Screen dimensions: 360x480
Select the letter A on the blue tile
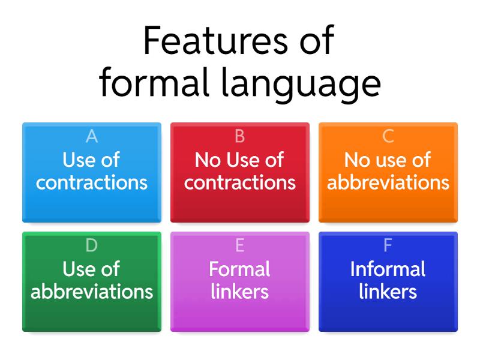click(x=92, y=137)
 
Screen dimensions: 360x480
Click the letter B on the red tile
click(x=239, y=137)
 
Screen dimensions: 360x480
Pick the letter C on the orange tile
click(x=388, y=137)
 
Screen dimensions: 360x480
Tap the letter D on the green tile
click(x=92, y=245)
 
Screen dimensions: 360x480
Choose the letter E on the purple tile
click(x=239, y=245)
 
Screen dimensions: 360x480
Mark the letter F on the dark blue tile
click(x=388, y=245)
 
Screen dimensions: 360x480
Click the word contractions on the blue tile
click(x=92, y=182)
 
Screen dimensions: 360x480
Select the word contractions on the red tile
click(x=239, y=182)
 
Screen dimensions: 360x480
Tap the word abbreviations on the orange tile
click(x=388, y=182)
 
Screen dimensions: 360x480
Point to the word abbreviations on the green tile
click(x=92, y=292)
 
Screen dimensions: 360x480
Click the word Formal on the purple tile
click(x=239, y=269)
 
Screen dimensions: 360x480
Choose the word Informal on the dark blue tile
click(x=388, y=269)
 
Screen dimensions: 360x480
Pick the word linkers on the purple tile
click(x=239, y=292)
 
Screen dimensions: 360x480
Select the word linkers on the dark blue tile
click(x=388, y=292)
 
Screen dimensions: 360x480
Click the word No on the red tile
click(x=208, y=160)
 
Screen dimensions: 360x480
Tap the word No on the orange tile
click(x=356, y=160)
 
